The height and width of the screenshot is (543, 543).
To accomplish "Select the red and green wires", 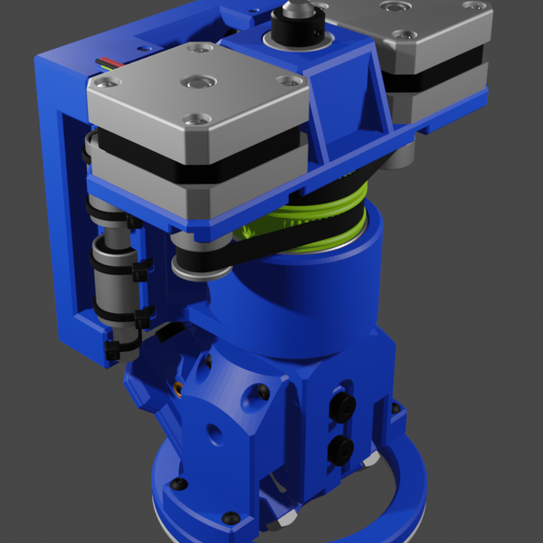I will (110, 64).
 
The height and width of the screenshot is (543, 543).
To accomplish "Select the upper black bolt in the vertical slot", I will (345, 404).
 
